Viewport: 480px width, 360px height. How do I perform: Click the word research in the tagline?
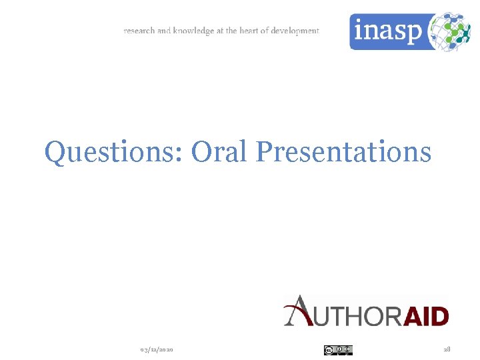[139, 31]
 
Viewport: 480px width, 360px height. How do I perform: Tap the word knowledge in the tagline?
[193, 31]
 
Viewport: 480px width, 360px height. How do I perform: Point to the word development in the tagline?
[295, 31]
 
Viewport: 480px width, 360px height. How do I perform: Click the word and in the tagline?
[164, 31]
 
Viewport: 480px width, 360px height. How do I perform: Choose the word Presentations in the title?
[343, 151]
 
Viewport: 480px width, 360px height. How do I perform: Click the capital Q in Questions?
[55, 152]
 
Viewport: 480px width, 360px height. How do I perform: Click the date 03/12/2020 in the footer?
[157, 349]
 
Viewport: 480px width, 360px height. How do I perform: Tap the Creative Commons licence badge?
[338, 349]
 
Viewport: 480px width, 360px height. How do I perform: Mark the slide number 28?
[447, 349]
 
